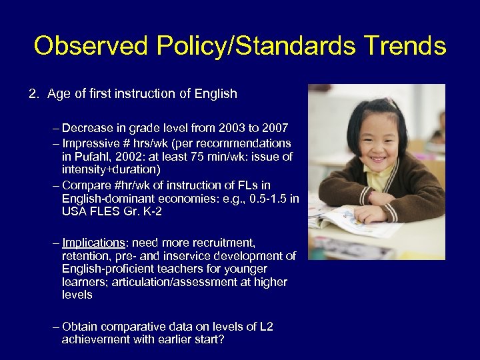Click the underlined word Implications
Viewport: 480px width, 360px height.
[93, 243]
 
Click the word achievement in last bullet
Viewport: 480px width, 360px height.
[95, 339]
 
